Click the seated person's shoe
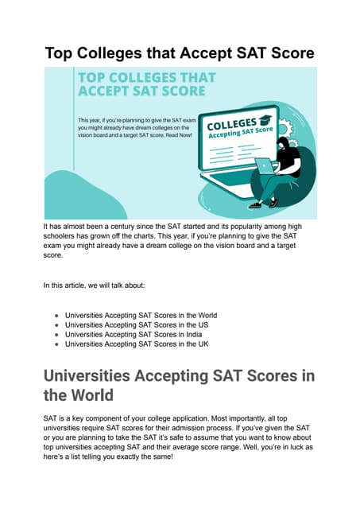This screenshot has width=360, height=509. pyautogui.click(x=255, y=204)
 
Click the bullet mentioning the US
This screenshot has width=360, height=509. pyautogui.click(x=135, y=324)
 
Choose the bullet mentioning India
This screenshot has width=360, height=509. pyautogui.click(x=137, y=334)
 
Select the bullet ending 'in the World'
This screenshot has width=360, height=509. pyautogui.click(x=141, y=315)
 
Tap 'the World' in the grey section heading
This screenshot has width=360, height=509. pyautogui.click(x=79, y=394)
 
